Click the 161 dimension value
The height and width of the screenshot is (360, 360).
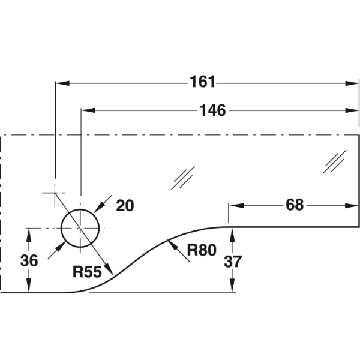(x=203, y=82)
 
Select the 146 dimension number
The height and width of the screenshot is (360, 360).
(x=212, y=110)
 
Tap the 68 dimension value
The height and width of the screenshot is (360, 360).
(x=295, y=205)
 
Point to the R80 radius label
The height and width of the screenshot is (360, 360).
(x=202, y=250)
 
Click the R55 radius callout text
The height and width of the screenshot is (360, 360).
(x=87, y=272)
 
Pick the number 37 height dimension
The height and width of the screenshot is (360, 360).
(x=233, y=261)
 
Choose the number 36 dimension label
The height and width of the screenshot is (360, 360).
(x=29, y=260)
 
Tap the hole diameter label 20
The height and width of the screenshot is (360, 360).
(x=125, y=205)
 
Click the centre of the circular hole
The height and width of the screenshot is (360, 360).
(x=80, y=229)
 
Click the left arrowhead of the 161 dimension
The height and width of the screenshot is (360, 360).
(x=62, y=83)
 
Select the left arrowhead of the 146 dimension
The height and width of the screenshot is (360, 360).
(x=88, y=110)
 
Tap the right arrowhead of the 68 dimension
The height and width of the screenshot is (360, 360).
(x=352, y=205)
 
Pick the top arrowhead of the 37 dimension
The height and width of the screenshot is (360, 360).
(x=232, y=235)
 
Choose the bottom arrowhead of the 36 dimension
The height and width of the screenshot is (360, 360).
(x=29, y=286)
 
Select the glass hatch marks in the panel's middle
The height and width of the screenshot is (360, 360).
(x=183, y=178)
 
